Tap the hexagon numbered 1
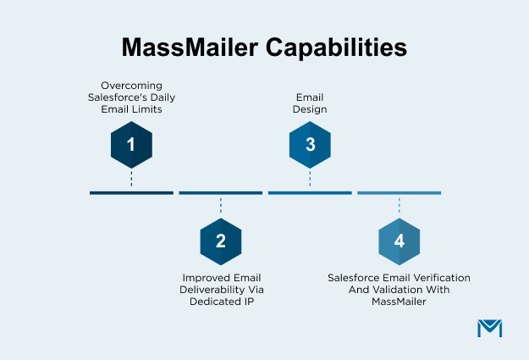pos(131,144)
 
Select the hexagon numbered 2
pos(220,241)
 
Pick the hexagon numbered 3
pos(310,144)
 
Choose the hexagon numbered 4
pos(399,241)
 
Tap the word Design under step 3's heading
pos(310,109)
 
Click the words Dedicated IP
pos(220,301)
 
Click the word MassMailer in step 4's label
pos(399,301)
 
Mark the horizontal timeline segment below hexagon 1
pos(131,193)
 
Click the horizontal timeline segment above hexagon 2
pos(220,193)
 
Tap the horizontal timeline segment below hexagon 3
pos(310,193)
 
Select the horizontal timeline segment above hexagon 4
pos(399,193)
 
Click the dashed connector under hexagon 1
pos(131,179)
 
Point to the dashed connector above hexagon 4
pos(399,207)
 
